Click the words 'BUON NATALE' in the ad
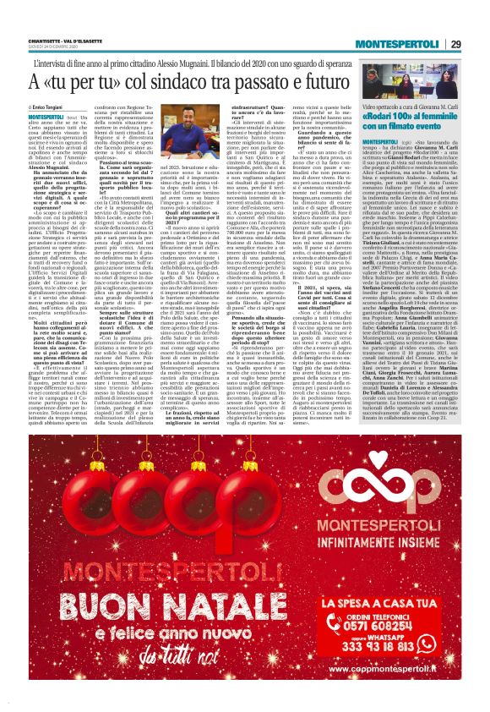click(x=136, y=607)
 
